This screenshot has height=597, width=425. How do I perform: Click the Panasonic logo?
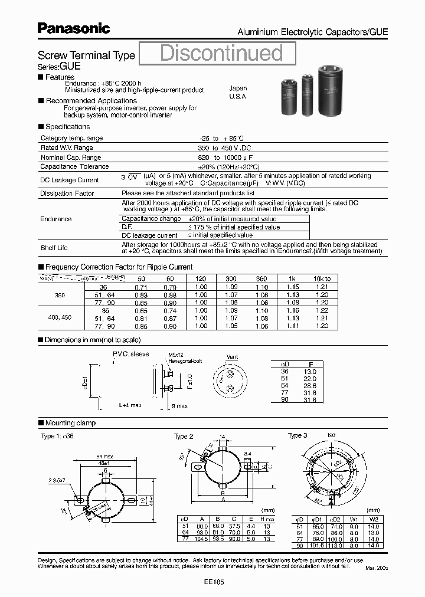(73, 28)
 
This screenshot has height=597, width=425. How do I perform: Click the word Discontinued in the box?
(222, 53)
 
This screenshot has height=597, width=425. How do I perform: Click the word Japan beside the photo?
(238, 88)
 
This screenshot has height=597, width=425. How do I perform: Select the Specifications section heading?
(67, 126)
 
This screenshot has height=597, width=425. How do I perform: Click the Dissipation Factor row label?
(67, 193)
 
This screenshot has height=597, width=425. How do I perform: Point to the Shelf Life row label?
(54, 248)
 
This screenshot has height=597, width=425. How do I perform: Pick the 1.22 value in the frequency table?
(322, 310)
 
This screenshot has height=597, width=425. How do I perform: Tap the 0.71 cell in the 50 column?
(140, 286)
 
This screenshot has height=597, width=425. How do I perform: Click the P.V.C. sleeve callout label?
(131, 354)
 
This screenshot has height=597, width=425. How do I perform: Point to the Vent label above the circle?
(233, 357)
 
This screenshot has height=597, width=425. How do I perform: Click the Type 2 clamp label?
(184, 437)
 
